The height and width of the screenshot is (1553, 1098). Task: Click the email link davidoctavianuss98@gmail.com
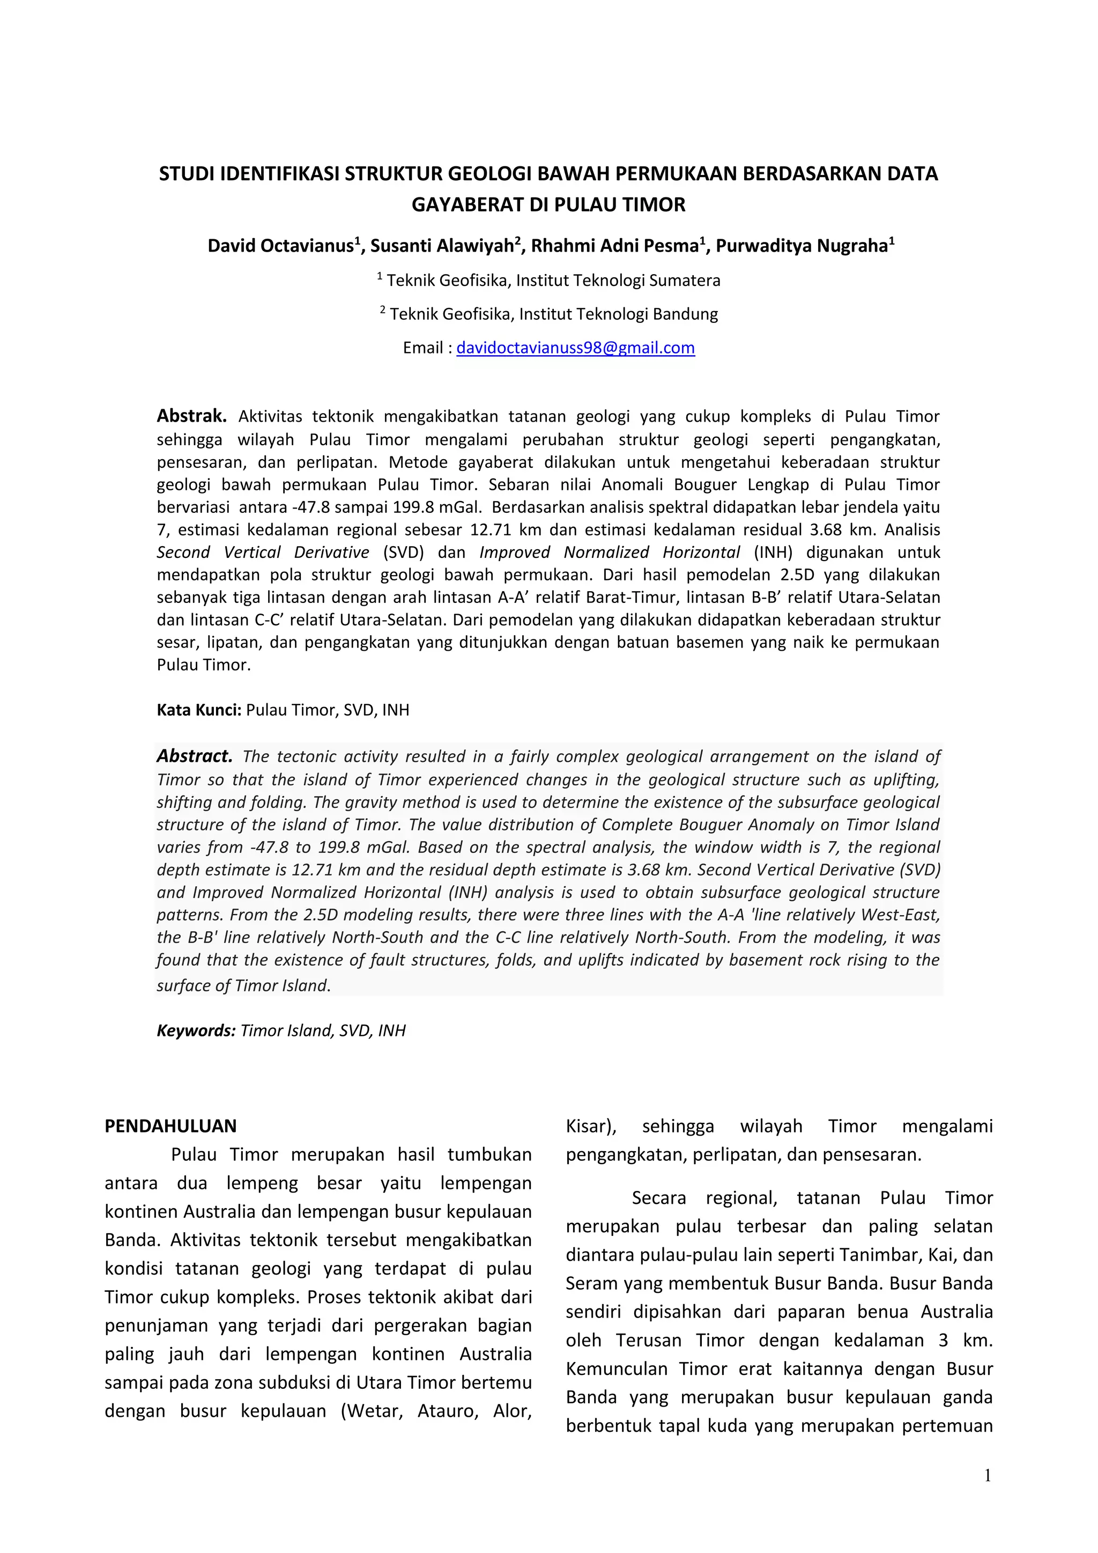pos(575,348)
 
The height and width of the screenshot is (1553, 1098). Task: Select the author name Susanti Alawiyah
pos(441,246)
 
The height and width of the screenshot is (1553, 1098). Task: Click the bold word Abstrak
pos(191,415)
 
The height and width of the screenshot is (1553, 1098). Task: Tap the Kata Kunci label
pos(199,710)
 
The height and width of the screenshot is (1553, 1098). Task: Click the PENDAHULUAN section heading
pos(170,1126)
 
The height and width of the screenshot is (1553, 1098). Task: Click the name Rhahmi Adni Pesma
pos(614,246)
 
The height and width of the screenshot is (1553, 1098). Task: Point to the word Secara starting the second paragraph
pos(658,1198)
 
